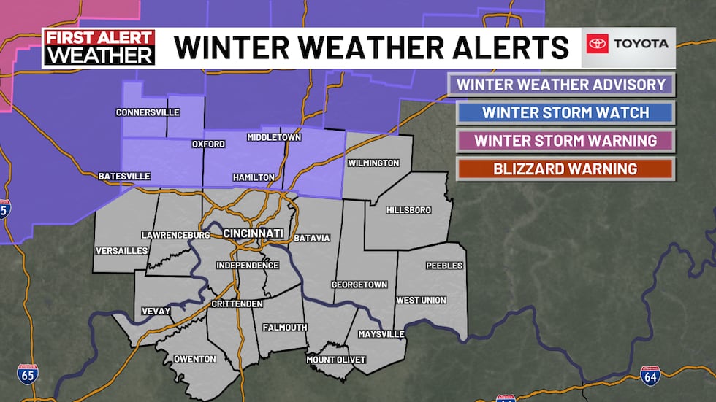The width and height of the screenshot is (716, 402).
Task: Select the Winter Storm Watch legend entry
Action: pyautogui.click(x=565, y=112)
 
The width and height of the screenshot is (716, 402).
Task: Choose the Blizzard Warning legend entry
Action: pyautogui.click(x=565, y=169)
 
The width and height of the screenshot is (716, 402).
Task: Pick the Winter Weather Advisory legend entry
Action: pyautogui.click(x=561, y=85)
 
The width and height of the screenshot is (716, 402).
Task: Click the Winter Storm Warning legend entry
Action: pyautogui.click(x=565, y=141)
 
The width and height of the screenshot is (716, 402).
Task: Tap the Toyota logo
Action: pyautogui.click(x=628, y=44)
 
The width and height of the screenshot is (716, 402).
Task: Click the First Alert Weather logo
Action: pyautogui.click(x=99, y=47)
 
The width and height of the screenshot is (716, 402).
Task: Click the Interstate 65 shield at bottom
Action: pyautogui.click(x=27, y=374)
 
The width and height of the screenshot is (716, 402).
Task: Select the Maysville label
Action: pyautogui.click(x=381, y=334)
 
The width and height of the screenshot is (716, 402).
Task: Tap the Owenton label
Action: pyautogui.click(x=194, y=359)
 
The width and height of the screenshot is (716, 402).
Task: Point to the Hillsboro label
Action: pyautogui.click(x=408, y=210)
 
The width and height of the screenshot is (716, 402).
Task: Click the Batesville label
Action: pyautogui.click(x=124, y=176)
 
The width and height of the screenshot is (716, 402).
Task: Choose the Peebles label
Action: pyautogui.click(x=444, y=266)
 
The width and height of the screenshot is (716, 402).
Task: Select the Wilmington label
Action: pyautogui.click(x=373, y=163)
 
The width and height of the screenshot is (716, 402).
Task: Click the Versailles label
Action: pyautogui.click(x=121, y=250)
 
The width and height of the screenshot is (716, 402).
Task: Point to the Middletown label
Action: pyautogui.click(x=274, y=137)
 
